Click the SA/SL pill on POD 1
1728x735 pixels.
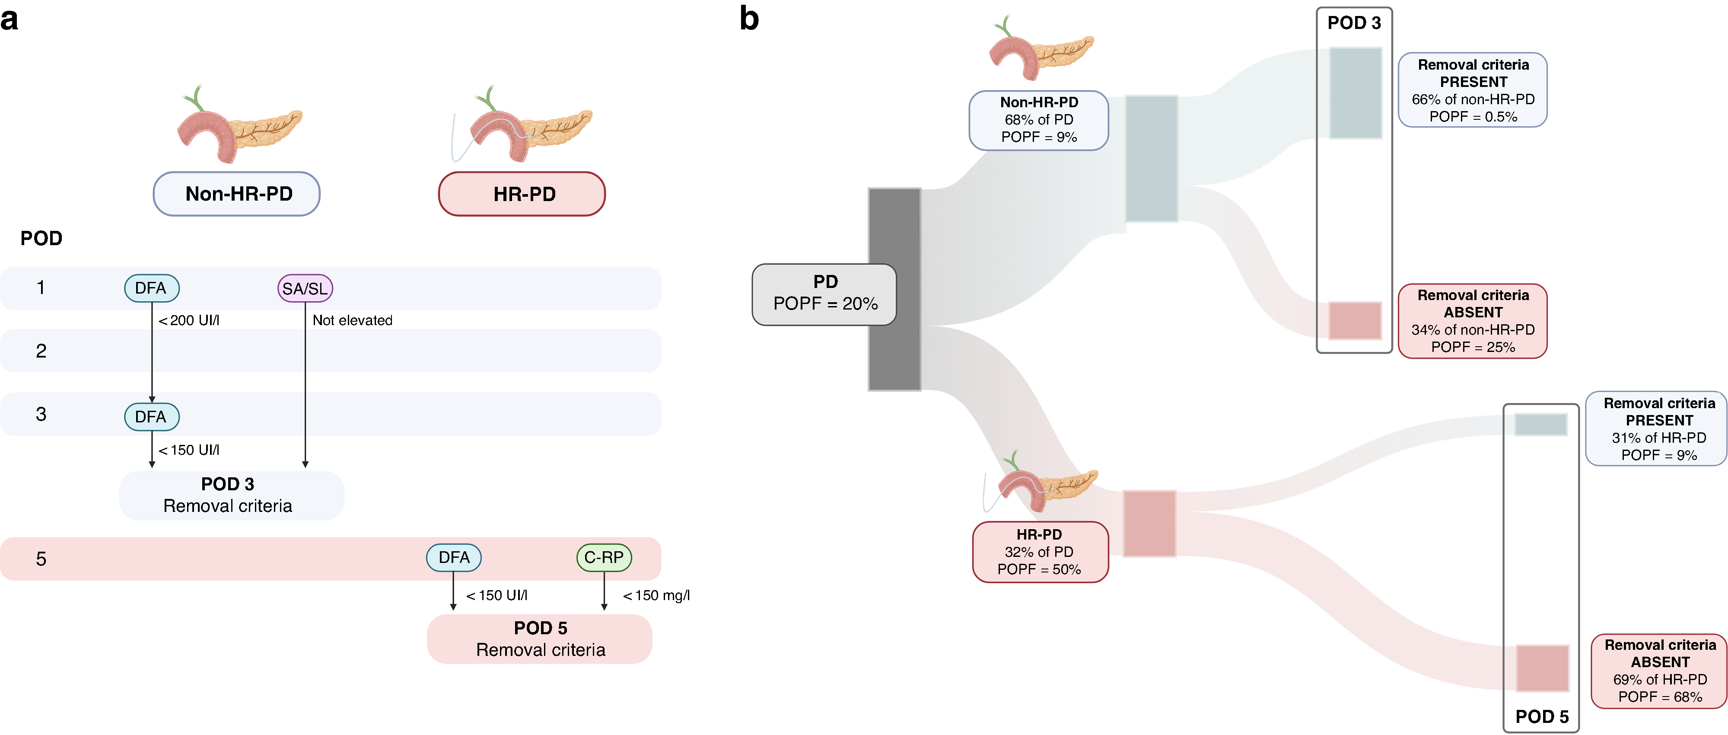coord(305,289)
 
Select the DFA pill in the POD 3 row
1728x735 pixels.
coord(152,417)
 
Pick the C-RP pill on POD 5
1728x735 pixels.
coord(604,558)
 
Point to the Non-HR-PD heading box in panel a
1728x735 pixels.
coord(237,194)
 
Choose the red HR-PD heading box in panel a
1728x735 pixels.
coord(522,194)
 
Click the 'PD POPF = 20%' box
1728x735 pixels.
coord(824,295)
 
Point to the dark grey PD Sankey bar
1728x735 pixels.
coord(894,289)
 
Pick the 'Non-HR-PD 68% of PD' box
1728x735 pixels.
coord(1038,120)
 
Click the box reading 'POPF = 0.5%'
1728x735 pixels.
coord(1473,90)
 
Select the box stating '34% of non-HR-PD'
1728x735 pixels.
coord(1473,321)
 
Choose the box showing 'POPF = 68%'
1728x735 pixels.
coord(1660,671)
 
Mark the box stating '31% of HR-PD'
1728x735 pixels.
coord(1656,428)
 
